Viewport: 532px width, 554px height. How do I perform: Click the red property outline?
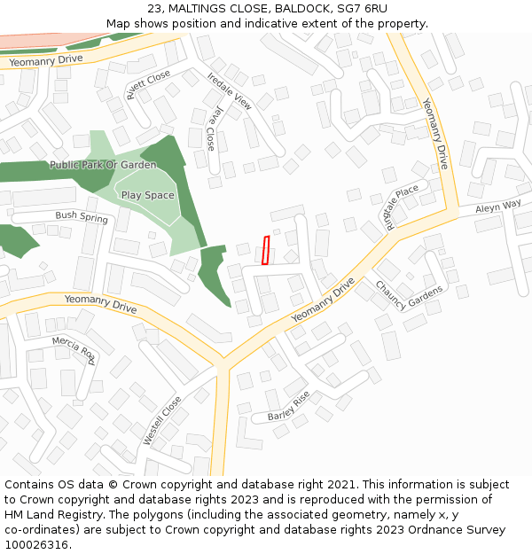(265, 250)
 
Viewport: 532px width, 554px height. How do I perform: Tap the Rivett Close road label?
(148, 86)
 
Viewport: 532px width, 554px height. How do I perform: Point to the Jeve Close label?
(212, 129)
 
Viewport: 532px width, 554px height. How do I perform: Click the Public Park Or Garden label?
(103, 165)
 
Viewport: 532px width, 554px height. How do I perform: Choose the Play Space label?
(147, 195)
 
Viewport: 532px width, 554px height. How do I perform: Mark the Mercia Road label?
(74, 349)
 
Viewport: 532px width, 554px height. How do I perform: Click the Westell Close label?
(162, 420)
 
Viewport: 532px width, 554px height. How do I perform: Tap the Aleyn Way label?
(498, 206)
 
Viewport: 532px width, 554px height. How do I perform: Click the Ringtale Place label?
(401, 206)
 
